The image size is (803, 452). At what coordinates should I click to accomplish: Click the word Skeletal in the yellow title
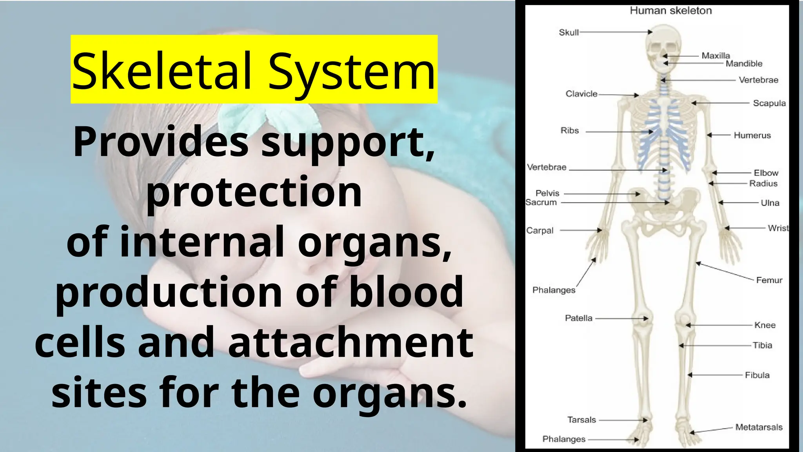162,71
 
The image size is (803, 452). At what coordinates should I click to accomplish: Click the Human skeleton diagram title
670,11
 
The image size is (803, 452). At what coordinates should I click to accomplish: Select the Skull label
569,33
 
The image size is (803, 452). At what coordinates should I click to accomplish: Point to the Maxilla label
716,56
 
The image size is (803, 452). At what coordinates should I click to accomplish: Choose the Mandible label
744,64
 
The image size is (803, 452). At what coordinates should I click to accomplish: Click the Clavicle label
581,94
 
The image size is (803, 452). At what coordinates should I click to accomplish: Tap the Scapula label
769,103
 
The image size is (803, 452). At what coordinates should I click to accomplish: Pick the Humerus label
752,135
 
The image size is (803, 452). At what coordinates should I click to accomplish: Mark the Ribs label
569,131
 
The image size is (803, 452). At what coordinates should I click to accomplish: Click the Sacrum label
541,202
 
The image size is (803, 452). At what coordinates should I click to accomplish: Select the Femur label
769,280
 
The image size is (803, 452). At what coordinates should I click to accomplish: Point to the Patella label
578,318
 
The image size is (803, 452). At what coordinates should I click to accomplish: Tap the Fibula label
757,375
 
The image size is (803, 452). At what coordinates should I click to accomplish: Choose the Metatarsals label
759,427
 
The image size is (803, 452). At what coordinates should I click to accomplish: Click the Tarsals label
581,420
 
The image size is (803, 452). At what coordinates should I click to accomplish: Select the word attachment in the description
350,343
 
